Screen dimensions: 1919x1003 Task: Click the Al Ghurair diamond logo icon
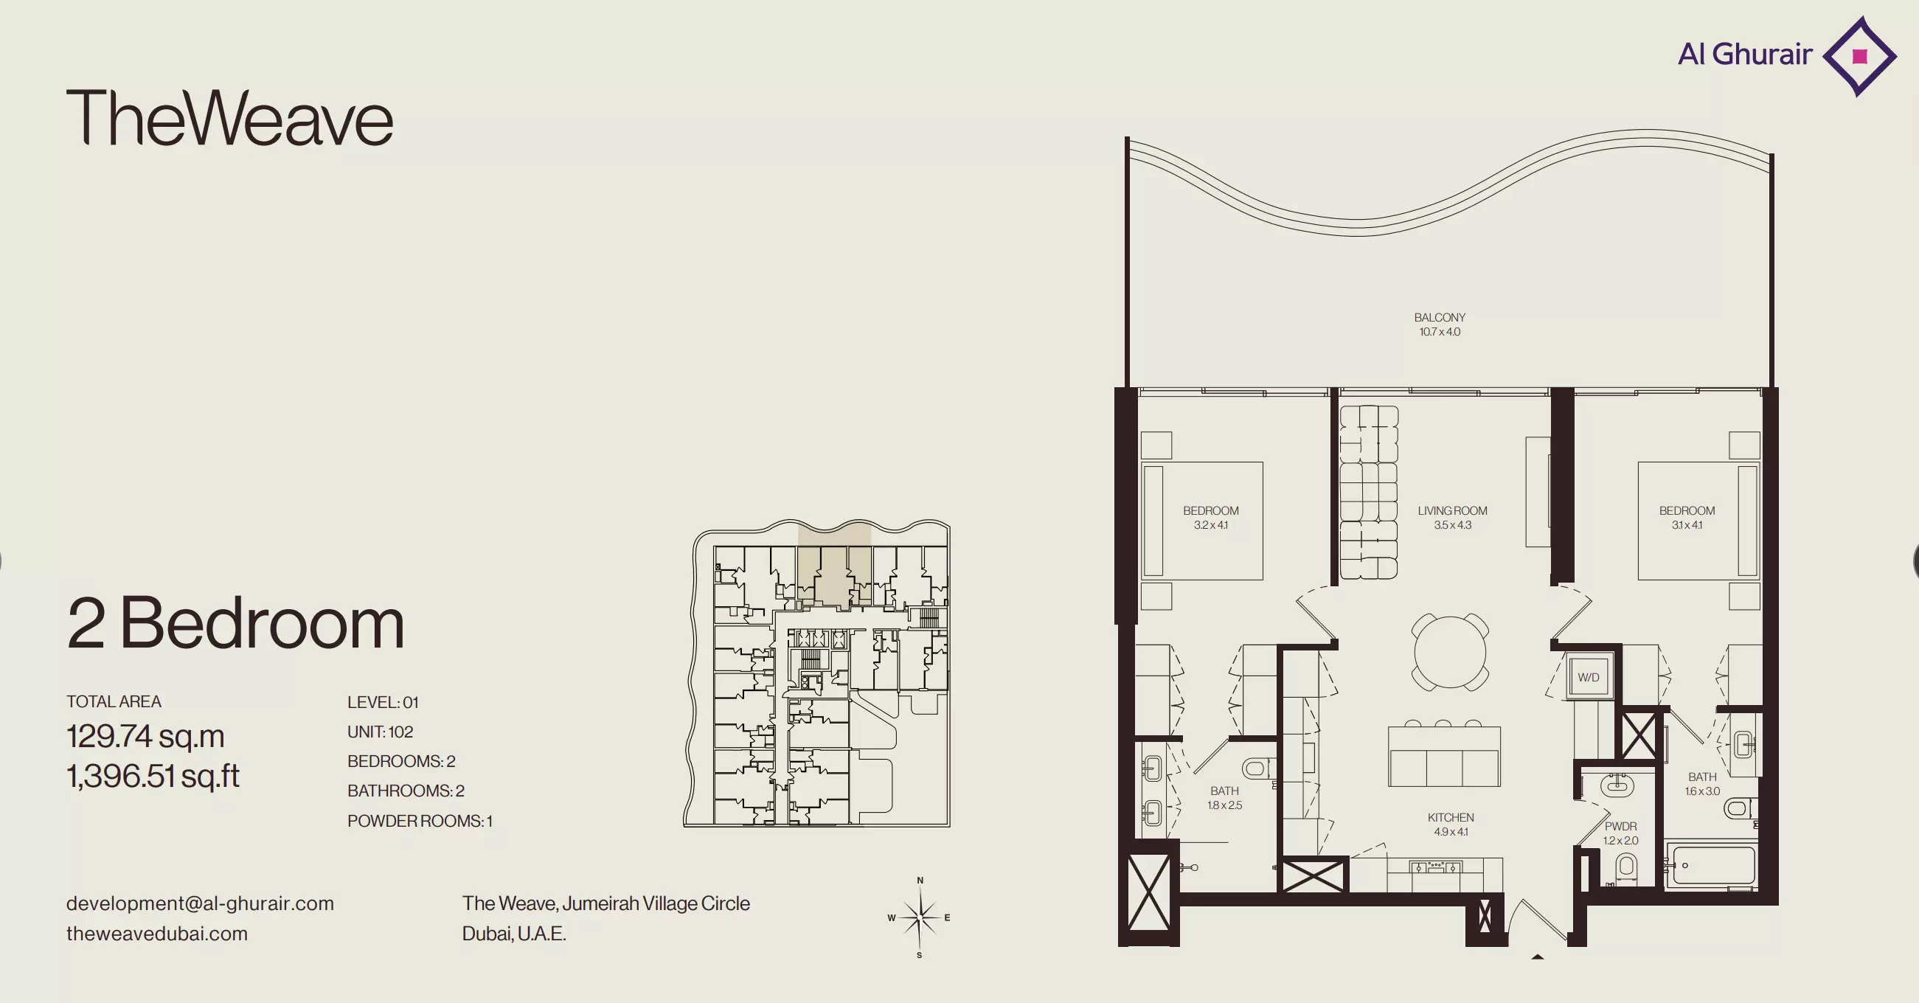[1859, 56]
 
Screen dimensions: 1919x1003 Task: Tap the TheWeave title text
[229, 117]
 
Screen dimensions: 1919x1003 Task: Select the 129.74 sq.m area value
[145, 736]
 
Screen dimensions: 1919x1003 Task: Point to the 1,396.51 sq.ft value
[153, 776]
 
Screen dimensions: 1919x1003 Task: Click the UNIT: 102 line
[380, 732]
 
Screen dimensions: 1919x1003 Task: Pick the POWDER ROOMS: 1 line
[420, 820]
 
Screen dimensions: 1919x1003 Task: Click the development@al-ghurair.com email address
[200, 903]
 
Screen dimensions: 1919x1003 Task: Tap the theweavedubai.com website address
[156, 934]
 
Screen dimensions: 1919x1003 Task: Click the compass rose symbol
[920, 917]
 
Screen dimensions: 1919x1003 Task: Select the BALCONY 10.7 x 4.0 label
[1440, 324]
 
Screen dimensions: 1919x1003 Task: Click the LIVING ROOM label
[1452, 510]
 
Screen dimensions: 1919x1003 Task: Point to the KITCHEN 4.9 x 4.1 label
[1451, 825]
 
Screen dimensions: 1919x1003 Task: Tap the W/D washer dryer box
[1589, 677]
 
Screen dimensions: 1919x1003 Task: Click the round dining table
[1450, 652]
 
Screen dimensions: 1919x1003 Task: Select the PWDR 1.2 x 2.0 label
[1620, 833]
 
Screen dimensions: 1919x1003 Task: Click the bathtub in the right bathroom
[1710, 865]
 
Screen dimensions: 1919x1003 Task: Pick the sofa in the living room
[1369, 492]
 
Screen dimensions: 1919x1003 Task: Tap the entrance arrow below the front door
[1537, 957]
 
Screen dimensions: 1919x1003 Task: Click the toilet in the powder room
[1626, 869]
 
